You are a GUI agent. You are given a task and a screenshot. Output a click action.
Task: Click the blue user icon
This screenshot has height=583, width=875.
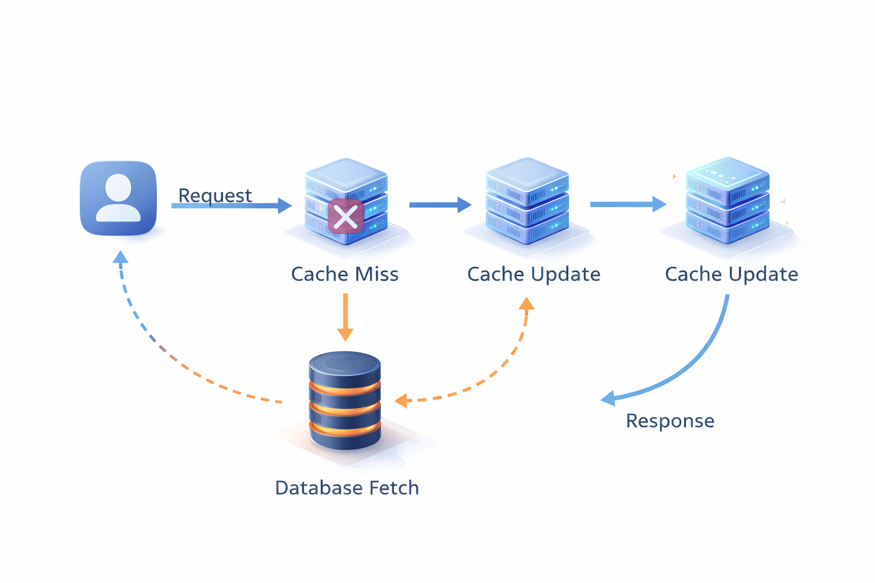(118, 198)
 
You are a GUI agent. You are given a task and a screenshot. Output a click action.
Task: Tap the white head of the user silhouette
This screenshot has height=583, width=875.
(118, 187)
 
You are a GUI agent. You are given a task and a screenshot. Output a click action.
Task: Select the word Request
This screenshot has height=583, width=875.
(215, 195)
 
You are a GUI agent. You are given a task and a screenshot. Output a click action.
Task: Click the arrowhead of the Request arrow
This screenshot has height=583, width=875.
(285, 206)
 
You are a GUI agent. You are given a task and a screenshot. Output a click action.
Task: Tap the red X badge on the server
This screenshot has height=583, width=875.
(345, 216)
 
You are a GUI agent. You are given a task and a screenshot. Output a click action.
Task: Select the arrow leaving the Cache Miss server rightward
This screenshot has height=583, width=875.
(439, 204)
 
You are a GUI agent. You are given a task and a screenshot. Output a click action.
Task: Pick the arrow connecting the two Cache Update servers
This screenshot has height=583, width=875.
(627, 204)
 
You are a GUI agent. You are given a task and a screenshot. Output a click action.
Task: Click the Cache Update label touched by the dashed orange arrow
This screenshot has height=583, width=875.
(534, 274)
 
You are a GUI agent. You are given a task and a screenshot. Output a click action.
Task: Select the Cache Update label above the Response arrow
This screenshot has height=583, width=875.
(731, 274)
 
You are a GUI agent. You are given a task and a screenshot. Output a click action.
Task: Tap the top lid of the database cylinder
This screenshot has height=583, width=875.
(345, 362)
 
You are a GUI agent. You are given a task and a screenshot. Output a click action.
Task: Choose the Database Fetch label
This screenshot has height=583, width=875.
(347, 488)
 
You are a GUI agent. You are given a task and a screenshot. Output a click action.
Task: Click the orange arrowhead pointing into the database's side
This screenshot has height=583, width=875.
(402, 400)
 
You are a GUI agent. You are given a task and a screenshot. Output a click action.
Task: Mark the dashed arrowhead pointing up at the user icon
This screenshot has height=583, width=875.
(120, 257)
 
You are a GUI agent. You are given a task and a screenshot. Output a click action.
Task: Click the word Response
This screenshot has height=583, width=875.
(670, 421)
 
